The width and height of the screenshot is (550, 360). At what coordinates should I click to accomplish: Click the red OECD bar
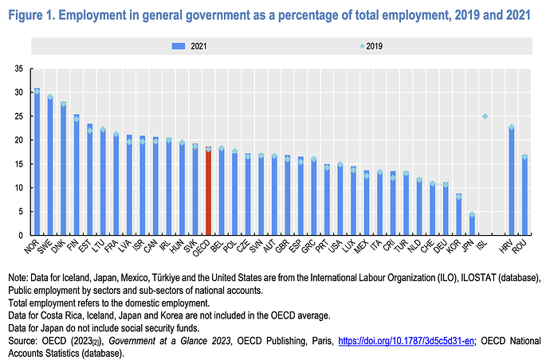click(209, 191)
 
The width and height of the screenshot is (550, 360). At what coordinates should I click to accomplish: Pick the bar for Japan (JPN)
click(471, 225)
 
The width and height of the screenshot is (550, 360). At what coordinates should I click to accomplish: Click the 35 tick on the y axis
click(18, 68)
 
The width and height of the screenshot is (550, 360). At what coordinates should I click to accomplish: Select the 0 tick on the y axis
click(21, 236)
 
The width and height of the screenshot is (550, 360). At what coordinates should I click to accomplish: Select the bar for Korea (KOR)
click(458, 215)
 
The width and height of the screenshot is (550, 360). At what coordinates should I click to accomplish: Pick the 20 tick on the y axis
click(18, 140)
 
